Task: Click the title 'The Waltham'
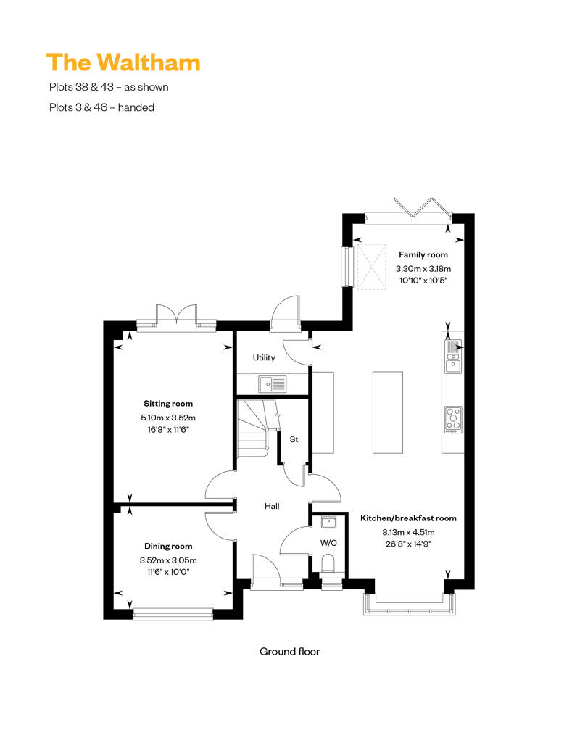click(123, 62)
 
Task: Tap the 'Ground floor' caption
click(289, 652)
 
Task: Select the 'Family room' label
click(423, 255)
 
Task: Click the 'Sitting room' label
click(168, 404)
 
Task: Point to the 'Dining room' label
click(168, 546)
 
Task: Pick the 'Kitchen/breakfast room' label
click(409, 518)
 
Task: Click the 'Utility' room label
click(264, 358)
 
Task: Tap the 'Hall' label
click(272, 506)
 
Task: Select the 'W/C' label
click(328, 543)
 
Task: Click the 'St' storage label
click(294, 439)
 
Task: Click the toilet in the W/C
click(328, 564)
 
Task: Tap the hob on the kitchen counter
click(453, 420)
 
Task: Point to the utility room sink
click(273, 384)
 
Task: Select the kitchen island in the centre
click(387, 412)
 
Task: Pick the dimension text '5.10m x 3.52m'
click(168, 418)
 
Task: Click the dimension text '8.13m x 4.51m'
click(409, 532)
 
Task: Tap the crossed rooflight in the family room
click(372, 266)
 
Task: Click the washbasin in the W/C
click(328, 522)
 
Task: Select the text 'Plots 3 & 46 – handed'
click(101, 107)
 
